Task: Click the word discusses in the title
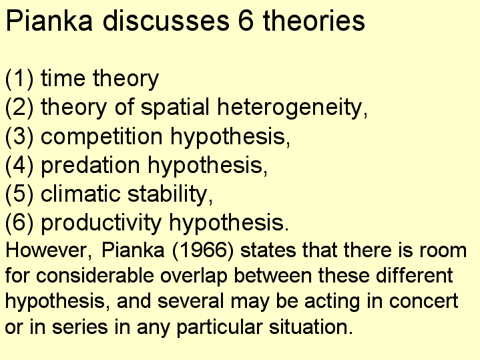[166, 21]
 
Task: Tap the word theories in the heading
[314, 21]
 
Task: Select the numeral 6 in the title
[246, 21]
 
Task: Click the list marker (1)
[19, 78]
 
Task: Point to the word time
[63, 78]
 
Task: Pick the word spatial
[175, 108]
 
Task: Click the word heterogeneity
[290, 108]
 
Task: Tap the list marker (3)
[19, 136]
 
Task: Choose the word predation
[91, 166]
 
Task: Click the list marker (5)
[19, 194]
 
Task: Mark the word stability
[168, 194]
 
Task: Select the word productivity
[101, 223]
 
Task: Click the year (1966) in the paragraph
[203, 250]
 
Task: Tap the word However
[47, 250]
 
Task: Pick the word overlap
[194, 276]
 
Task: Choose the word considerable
[95, 275]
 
